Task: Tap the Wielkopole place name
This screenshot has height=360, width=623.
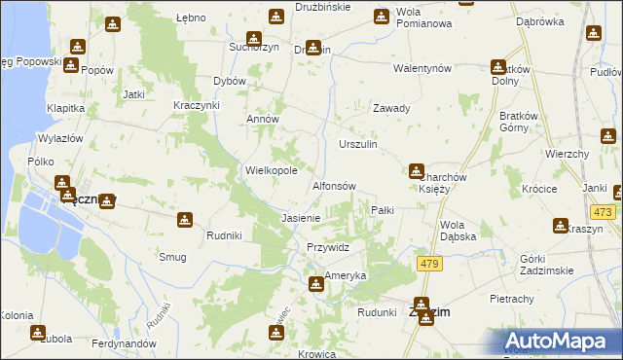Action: (271, 170)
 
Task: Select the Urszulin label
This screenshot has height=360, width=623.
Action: (357, 144)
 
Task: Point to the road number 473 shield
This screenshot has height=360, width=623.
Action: (603, 211)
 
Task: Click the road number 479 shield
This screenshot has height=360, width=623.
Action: (428, 264)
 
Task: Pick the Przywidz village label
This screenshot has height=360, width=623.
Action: (327, 247)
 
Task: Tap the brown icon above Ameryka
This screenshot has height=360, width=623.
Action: (316, 284)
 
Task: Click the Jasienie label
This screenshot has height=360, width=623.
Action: (301, 218)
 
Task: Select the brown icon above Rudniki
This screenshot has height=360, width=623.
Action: (186, 221)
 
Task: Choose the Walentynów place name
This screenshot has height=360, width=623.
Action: (421, 69)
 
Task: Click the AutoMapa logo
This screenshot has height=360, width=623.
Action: (562, 341)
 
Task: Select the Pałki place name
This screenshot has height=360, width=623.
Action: (382, 210)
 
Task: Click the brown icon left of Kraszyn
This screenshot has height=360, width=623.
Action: (562, 227)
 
